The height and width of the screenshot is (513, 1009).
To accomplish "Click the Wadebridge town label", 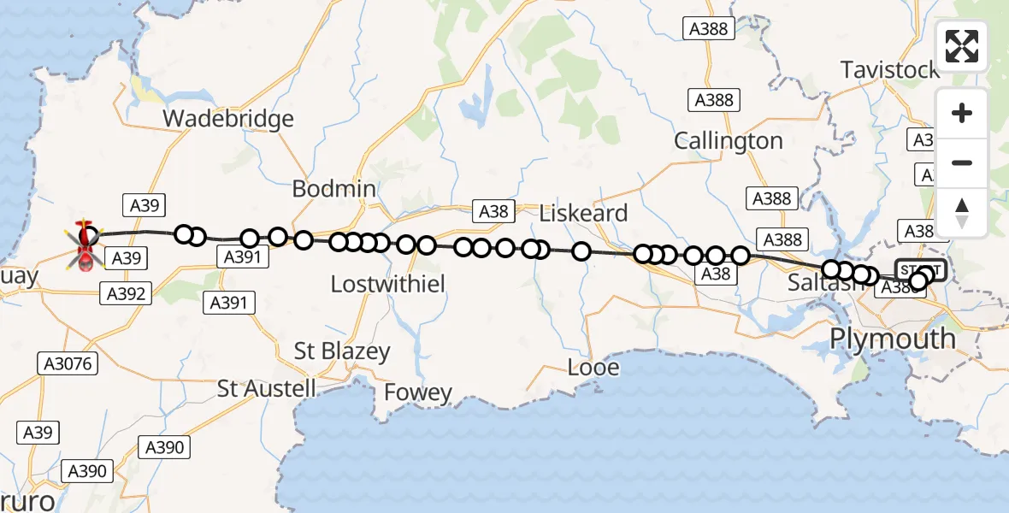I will coord(227,118).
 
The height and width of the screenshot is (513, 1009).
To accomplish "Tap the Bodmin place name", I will coord(333,188).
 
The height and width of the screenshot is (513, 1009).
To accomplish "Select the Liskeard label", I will coord(584,213).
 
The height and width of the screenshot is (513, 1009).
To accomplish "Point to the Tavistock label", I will coord(889,70).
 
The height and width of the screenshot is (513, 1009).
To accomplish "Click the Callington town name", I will coord(728,140).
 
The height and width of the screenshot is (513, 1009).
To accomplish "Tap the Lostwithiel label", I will coord(387,284).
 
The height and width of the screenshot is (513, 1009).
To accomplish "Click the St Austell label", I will coord(267,388).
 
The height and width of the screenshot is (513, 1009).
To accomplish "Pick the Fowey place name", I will coord(418,392).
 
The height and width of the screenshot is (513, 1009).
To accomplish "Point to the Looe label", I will coord(594,368).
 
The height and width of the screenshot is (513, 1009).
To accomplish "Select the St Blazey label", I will coord(342,351).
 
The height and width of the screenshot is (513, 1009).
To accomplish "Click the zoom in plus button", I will coord(962,113).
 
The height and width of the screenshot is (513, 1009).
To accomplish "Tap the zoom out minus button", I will coord(962,162).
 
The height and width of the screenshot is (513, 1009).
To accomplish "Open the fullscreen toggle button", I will coord(962,46).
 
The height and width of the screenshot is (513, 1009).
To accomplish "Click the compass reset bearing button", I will coord(962,212).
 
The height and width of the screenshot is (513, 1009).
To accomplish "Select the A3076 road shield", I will coord(68,364).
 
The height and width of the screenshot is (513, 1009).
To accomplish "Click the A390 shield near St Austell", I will coord(165,447).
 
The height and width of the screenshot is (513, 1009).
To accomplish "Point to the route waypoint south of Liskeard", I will coord(581,251).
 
